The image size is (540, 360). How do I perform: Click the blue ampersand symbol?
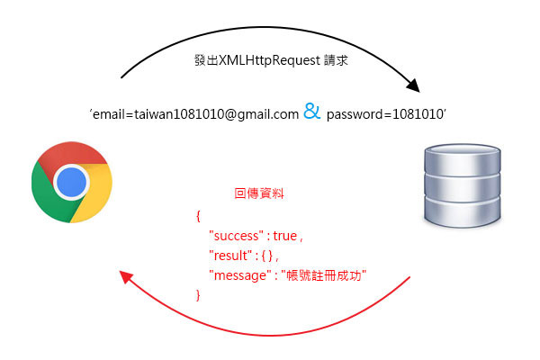311,113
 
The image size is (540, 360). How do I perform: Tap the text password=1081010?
385,114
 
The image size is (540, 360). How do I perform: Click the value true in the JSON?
284,236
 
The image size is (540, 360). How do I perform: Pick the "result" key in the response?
229,256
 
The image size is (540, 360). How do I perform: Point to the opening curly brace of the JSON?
197,216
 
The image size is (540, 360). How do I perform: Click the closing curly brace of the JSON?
197,294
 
